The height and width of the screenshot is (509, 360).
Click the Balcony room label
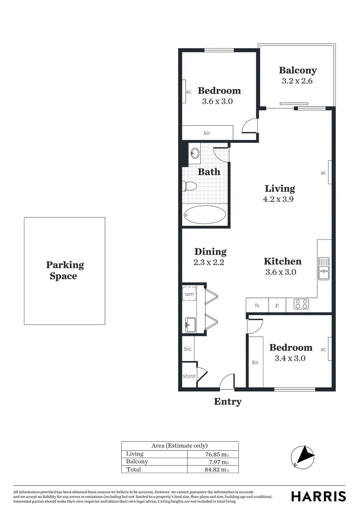[297, 70]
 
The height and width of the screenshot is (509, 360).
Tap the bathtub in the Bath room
[205, 215]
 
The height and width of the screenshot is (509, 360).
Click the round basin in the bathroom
[195, 152]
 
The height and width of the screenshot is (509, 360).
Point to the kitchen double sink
[324, 269]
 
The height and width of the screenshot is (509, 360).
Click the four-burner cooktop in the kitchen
[301, 304]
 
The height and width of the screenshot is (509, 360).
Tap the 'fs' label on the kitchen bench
[257, 305]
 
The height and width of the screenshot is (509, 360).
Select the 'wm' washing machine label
[189, 294]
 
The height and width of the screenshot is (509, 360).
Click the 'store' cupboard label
[189, 376]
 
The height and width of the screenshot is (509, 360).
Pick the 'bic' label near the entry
[188, 349]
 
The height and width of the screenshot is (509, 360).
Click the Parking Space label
[65, 271]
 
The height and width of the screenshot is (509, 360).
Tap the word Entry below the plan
[228, 402]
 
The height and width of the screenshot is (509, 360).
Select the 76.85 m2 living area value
[214, 454]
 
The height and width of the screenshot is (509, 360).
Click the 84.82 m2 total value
[214, 469]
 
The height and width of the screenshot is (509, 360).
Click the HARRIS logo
[318, 496]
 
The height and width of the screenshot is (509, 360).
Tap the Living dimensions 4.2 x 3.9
[279, 199]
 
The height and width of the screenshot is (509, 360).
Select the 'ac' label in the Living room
[323, 173]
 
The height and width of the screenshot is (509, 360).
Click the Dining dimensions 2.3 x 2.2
[209, 262]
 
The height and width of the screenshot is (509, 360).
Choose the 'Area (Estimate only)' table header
[180, 445]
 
